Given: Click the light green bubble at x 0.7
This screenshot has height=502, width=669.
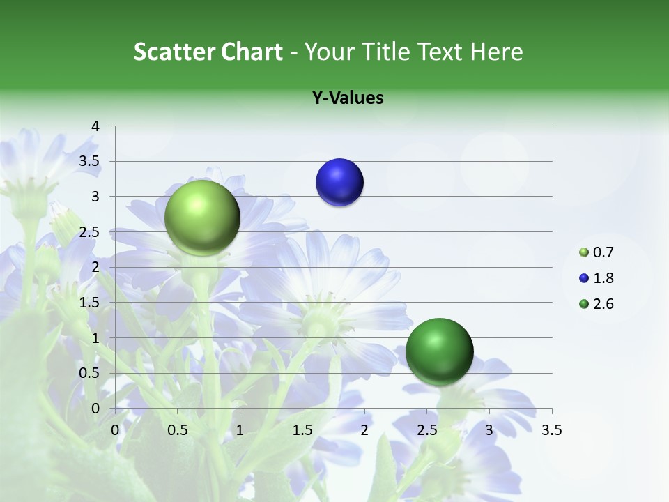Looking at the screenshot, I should coord(202,218).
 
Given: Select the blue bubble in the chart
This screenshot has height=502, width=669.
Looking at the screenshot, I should coord(339,183).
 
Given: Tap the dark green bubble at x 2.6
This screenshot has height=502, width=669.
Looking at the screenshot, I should coord(439,351).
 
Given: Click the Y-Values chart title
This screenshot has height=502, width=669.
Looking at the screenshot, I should coord(348,98).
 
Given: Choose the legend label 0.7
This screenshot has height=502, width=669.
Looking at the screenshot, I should coord(603,252).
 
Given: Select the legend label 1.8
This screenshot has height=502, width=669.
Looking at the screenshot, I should coord(603,278).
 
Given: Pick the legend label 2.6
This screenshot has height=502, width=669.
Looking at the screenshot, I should coord(603,304).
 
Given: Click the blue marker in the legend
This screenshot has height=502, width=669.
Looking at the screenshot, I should coord(584,278).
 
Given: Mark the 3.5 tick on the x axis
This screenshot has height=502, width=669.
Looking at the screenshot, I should coord(551,430).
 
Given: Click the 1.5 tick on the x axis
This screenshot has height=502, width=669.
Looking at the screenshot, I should coord(302,430).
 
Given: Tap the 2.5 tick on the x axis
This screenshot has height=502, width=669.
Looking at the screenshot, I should coord(426,430).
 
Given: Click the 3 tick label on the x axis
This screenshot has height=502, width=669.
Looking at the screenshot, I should coord(489,430).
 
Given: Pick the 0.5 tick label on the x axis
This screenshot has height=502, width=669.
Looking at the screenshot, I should coord(178,430).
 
